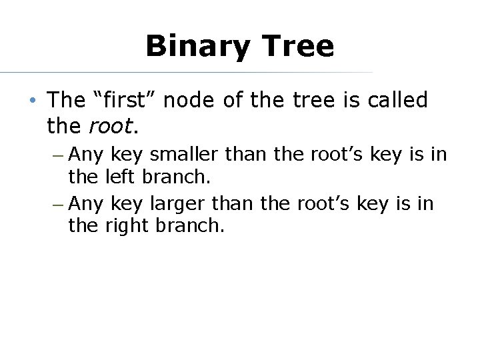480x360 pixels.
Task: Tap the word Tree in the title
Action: click(298, 46)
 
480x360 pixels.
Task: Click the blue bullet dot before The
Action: click(31, 101)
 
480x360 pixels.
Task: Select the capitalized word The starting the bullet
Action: click(66, 100)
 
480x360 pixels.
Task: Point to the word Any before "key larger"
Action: click(86, 203)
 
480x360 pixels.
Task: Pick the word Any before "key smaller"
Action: click(86, 155)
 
